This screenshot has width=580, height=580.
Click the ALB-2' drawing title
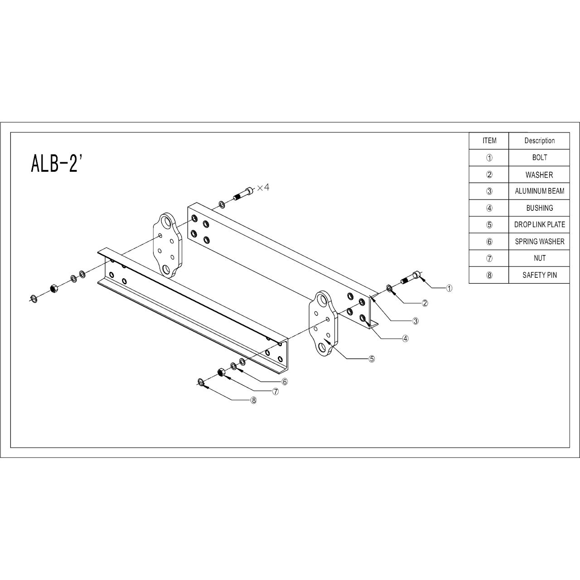(x=56, y=164)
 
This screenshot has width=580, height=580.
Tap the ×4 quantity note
(x=263, y=188)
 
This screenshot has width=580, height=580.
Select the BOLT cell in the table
(x=539, y=157)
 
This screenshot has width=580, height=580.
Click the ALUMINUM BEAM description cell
(x=539, y=191)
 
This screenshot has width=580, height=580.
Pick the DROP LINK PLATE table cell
(x=539, y=225)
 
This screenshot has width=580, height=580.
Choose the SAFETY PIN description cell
(x=539, y=275)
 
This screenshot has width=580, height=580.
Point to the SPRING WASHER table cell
(x=539, y=242)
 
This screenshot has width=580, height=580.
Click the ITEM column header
(x=489, y=140)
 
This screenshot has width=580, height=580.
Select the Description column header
(x=539, y=140)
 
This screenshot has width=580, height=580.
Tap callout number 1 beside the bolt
(x=449, y=288)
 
